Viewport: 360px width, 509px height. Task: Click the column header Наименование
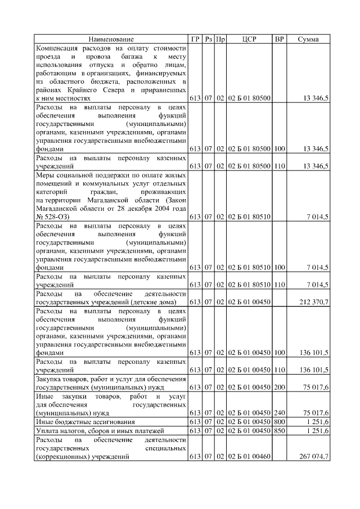click(111, 39)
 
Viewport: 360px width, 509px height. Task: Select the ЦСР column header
click(249, 39)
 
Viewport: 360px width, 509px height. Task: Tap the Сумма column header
click(308, 39)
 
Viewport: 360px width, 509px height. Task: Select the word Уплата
click(47, 431)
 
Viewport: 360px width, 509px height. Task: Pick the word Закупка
click(48, 379)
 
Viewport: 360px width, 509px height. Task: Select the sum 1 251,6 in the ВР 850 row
click(318, 431)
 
